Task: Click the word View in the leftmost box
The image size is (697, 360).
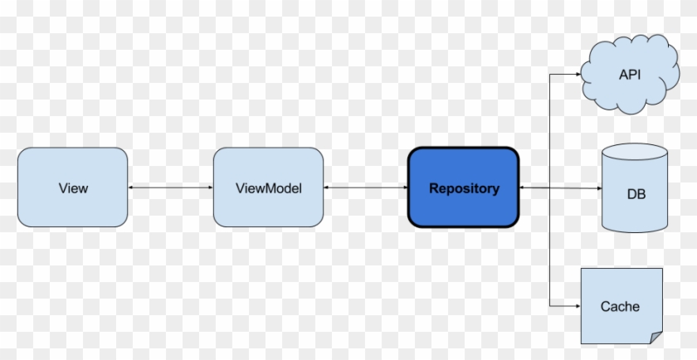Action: (73, 188)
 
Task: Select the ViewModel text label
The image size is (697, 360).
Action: (268, 188)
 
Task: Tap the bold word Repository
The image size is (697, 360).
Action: (464, 188)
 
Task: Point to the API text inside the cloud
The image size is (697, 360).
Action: (630, 75)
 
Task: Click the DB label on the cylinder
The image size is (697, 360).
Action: (636, 195)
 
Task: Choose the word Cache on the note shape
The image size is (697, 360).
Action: (620, 306)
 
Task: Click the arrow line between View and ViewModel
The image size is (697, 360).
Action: (170, 188)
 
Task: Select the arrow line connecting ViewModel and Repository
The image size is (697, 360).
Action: (365, 188)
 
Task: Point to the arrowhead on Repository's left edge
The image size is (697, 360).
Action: (404, 188)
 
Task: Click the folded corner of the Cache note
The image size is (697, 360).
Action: (656, 336)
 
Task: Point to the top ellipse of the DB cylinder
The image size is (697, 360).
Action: (635, 153)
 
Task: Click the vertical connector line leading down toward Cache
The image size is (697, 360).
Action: (550, 249)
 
